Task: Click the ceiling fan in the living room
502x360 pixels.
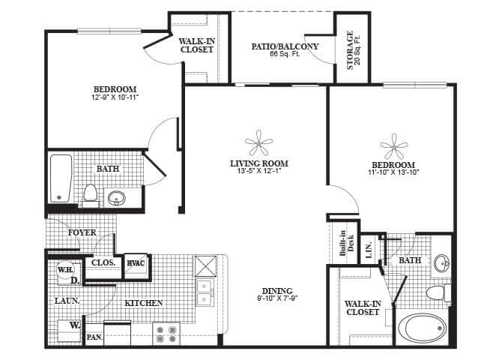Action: click(259, 142)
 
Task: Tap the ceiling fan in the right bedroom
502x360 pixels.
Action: click(393, 145)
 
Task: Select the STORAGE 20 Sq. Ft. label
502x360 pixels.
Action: click(351, 50)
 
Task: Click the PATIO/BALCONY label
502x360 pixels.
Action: click(284, 46)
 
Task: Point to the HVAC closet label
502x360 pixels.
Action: click(136, 262)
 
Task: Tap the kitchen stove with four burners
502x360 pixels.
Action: click(165, 333)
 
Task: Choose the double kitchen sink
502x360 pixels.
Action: click(205, 293)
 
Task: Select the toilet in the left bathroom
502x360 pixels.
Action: click(91, 194)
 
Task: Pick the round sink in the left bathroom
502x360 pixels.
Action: click(117, 199)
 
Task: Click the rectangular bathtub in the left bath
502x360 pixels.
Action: click(61, 178)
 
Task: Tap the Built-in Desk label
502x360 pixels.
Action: click(342, 242)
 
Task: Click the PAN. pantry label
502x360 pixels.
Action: click(94, 337)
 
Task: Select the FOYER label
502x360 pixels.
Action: click(82, 232)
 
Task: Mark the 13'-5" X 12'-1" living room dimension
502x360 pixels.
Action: click(259, 171)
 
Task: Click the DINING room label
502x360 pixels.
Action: click(277, 291)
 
